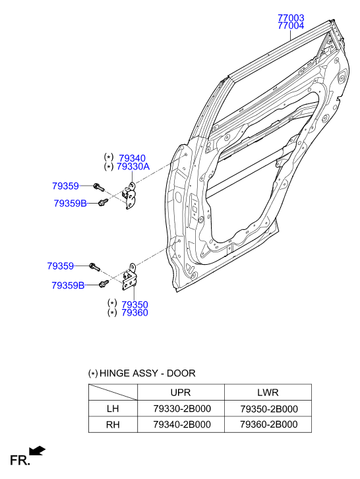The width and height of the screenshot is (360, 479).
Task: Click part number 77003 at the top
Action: pos(291,18)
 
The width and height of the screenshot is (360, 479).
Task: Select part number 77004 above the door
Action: pos(291,26)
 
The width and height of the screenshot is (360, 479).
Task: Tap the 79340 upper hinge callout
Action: pos(132,158)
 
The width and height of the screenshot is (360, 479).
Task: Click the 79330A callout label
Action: pos(133,167)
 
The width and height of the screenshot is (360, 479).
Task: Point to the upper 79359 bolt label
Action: pos(65,186)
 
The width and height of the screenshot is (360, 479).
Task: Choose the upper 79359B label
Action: pos(71,203)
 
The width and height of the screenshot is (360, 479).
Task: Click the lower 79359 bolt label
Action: pos(61,266)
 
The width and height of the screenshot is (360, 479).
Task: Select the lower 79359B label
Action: pos(68,285)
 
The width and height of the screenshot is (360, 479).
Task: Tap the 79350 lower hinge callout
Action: pos(135,304)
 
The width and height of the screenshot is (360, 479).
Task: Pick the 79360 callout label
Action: pos(135,312)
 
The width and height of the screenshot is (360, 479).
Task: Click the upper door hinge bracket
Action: pos(130,196)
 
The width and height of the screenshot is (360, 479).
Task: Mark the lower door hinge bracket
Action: pos(129,277)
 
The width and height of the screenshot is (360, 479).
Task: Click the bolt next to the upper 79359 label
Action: pos(98,186)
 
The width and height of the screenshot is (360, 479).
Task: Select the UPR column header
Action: pos(181,393)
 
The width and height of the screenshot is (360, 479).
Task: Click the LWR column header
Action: pos(268,393)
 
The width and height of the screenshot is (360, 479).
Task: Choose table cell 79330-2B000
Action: pos(182,409)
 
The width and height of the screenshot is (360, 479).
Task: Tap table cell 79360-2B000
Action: pos(269,424)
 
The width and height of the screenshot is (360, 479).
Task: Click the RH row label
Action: pos(113,424)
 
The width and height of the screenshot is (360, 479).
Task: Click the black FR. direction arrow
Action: pos(37,451)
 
